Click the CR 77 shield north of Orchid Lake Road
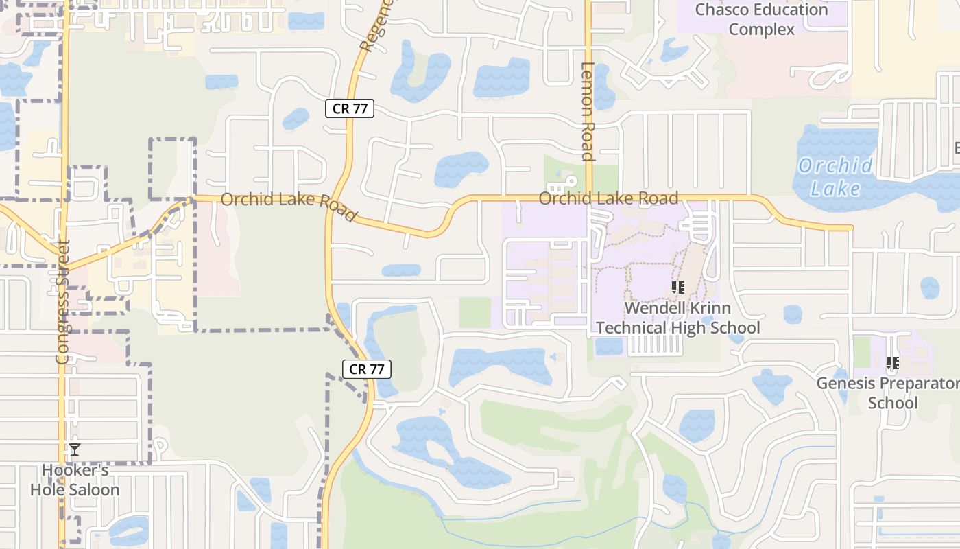(349, 108)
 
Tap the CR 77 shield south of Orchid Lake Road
(366, 369)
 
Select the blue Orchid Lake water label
(835, 176)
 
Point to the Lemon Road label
(588, 111)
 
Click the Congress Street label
(63, 301)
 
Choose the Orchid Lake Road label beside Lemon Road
(608, 198)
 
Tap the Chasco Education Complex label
(761, 19)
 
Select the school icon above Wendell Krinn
(677, 288)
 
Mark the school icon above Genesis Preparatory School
(892, 362)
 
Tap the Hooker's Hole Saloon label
(75, 480)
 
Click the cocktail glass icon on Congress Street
(74, 449)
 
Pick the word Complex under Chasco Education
(761, 30)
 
